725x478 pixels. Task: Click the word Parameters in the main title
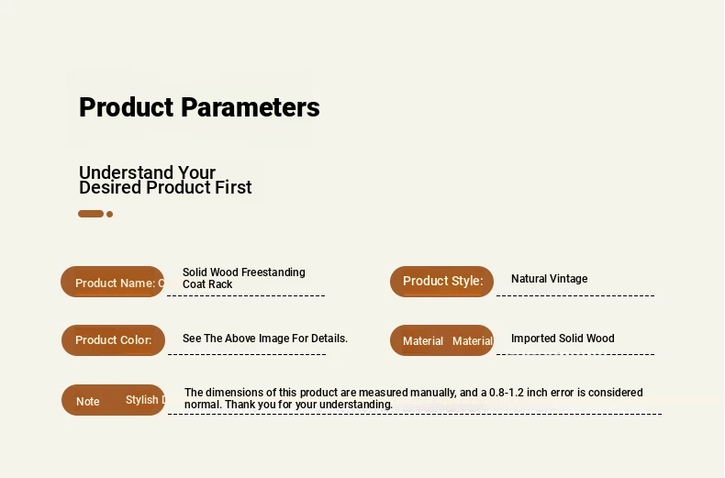tap(251, 107)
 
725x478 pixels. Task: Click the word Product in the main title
tap(127, 107)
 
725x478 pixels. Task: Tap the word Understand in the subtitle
tap(126, 172)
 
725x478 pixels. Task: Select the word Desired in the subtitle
tap(110, 187)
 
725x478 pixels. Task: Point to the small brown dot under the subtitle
tap(109, 214)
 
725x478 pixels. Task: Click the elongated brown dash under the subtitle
tap(91, 214)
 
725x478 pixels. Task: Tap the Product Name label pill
tap(112, 282)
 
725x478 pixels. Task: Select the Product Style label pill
tap(441, 281)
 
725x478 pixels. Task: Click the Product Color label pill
tap(113, 340)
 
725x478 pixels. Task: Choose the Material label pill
tap(441, 340)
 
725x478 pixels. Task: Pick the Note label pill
tap(113, 400)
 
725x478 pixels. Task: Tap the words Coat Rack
tap(207, 284)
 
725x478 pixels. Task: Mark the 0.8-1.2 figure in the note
tap(507, 393)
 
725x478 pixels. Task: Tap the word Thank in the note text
tap(238, 405)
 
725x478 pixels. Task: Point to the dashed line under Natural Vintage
tap(575, 295)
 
